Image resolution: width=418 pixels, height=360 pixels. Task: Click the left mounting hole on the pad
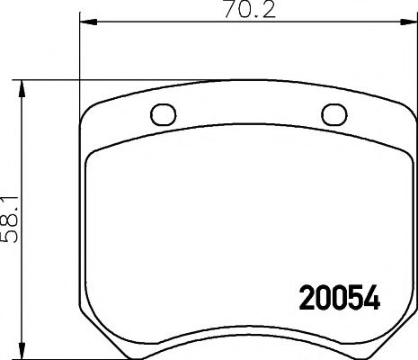click(164, 115)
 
